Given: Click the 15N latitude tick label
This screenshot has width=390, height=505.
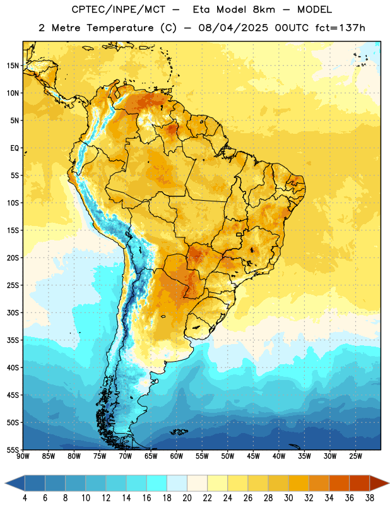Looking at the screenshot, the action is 13,66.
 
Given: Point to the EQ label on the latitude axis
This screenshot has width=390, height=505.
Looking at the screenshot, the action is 15,148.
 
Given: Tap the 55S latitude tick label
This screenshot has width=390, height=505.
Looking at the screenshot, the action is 13,449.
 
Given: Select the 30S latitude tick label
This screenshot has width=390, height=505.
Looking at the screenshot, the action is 13,312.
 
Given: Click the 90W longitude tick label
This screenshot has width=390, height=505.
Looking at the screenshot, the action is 23,456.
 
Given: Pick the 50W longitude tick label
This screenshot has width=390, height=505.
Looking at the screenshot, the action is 228,456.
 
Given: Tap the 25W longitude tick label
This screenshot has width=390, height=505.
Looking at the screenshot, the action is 355,456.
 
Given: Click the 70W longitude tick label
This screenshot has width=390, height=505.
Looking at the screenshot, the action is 126,456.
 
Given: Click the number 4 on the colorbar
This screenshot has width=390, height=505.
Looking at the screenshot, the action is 25,498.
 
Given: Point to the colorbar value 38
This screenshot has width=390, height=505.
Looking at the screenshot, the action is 370,498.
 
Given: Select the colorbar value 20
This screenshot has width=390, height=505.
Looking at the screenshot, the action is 187,498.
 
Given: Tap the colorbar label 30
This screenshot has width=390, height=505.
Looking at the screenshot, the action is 288,498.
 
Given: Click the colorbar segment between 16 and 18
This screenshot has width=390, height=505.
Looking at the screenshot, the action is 157,483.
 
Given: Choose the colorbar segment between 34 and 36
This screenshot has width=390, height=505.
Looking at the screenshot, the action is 339,483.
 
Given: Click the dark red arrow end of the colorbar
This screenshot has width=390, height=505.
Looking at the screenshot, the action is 379,483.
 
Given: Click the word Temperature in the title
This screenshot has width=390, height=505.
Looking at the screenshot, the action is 120,28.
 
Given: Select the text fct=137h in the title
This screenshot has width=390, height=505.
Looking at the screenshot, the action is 340,28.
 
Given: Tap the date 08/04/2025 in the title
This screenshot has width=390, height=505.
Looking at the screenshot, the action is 233,28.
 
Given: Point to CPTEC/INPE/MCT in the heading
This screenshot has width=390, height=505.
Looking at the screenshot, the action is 117,9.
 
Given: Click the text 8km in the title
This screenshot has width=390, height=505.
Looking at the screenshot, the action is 264,9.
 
